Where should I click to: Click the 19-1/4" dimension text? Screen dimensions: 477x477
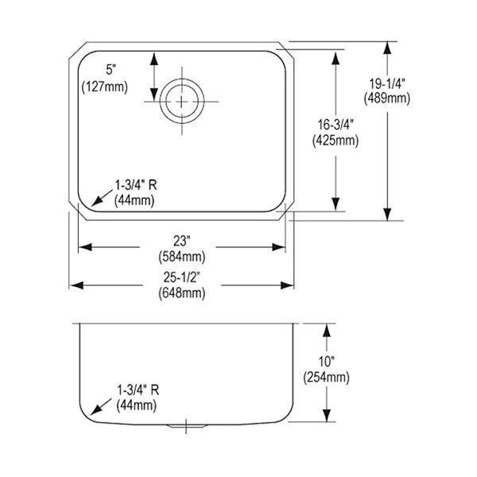coord(387,83)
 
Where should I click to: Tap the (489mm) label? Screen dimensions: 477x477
coord(387,99)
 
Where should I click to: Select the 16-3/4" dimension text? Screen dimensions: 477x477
coord(335,125)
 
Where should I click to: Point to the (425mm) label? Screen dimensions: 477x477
coord(335,141)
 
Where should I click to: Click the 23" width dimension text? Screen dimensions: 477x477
coord(181,241)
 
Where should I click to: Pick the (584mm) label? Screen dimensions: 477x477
coord(182,257)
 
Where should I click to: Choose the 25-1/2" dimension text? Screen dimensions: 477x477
coord(181,277)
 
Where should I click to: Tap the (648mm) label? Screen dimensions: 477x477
coord(182,293)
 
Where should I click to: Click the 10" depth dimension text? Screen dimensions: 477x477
coord(327,362)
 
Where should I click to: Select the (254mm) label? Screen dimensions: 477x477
coord(327,378)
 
